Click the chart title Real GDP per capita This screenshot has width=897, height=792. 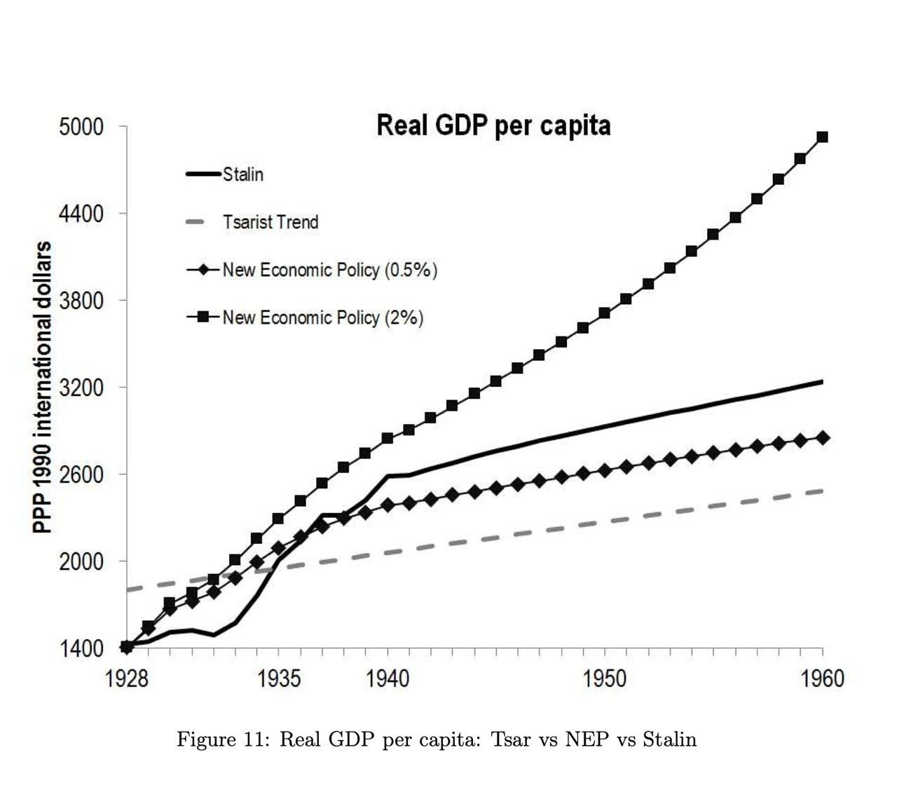coord(493,126)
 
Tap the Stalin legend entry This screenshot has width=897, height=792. coord(242,175)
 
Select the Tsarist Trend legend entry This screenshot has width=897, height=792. coord(271,222)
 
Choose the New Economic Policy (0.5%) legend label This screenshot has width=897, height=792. coord(329,270)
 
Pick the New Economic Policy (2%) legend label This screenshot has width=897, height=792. coord(322,318)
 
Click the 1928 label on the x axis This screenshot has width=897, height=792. coord(127,679)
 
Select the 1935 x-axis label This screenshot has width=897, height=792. coord(280,679)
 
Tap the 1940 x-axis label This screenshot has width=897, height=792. coord(388,679)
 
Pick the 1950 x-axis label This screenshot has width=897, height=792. coord(605,679)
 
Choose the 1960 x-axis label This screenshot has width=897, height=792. coord(822,679)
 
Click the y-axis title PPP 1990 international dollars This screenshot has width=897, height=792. coord(43,387)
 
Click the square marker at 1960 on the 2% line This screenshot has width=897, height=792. coord(823,137)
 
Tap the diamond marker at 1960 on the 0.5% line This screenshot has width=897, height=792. coord(823,438)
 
